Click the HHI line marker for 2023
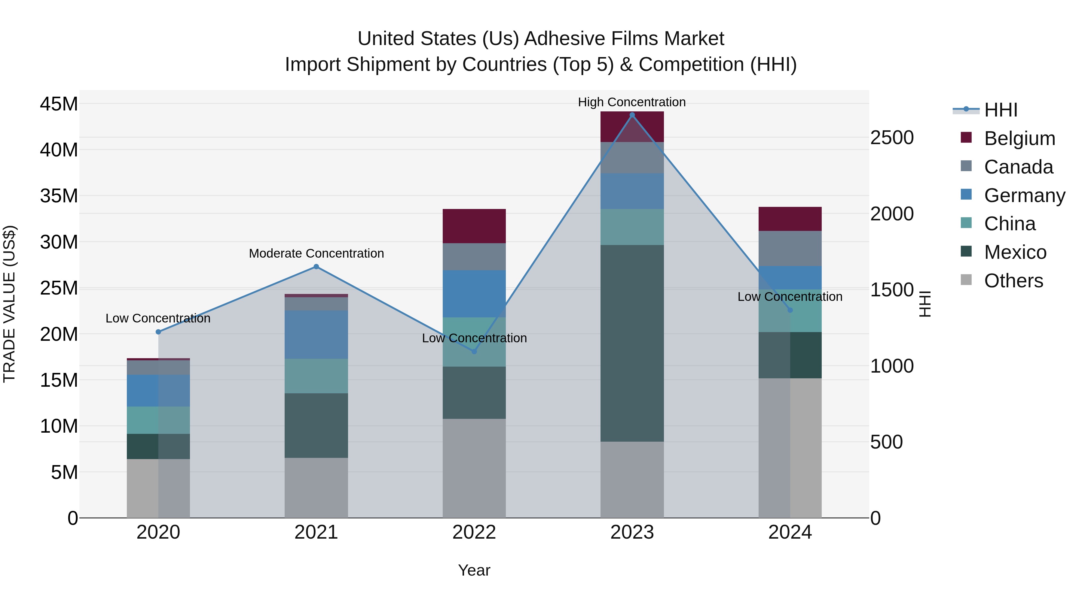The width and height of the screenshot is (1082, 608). pos(632,115)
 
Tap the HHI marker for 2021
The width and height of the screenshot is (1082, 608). pos(316,266)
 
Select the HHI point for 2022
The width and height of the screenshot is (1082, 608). pos(474,351)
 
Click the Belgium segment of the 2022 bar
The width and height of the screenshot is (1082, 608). pos(474,226)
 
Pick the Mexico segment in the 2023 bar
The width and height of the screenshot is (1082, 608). pos(632,343)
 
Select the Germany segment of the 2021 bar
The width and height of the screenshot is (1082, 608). pos(316,334)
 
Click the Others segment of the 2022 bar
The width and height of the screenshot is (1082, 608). pos(474,468)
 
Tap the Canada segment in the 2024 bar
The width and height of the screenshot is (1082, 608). pos(790,248)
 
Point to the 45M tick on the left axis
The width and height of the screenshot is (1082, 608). pos(59,104)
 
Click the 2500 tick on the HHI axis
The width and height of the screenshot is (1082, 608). pos(892,138)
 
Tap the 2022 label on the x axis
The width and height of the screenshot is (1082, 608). pos(474,532)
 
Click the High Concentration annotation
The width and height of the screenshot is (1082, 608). pos(632,102)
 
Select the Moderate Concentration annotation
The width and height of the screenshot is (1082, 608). pos(316,253)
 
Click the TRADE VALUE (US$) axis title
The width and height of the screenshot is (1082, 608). pos(9,304)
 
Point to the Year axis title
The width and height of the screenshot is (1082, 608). pos(474,570)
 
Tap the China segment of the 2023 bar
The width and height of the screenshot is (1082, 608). pos(632,227)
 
